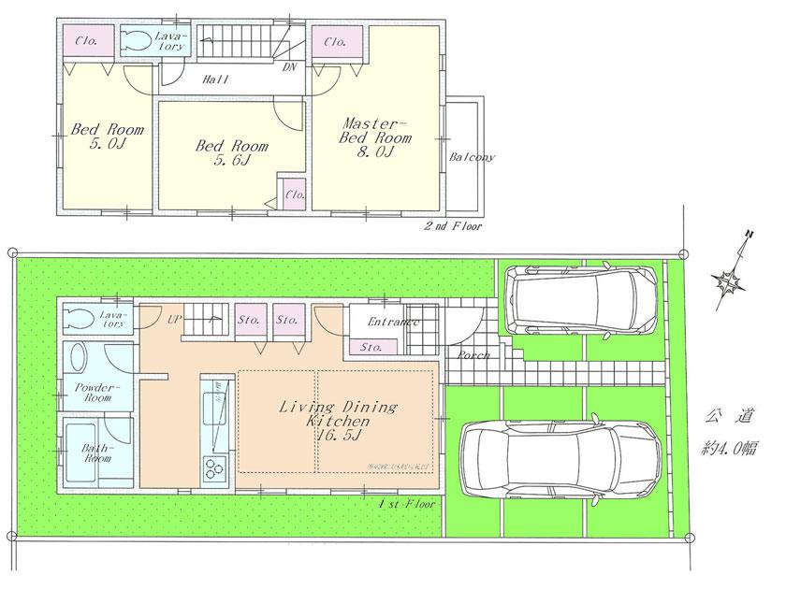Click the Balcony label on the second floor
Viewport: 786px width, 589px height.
point(472,157)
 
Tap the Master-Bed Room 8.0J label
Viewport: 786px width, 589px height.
point(375,137)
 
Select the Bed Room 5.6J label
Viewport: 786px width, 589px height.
point(231,153)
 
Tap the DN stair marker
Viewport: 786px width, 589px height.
point(290,67)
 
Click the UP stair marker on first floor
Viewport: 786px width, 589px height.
point(174,319)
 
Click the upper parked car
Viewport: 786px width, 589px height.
point(581,299)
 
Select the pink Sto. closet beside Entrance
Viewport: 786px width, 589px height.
point(368,348)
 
